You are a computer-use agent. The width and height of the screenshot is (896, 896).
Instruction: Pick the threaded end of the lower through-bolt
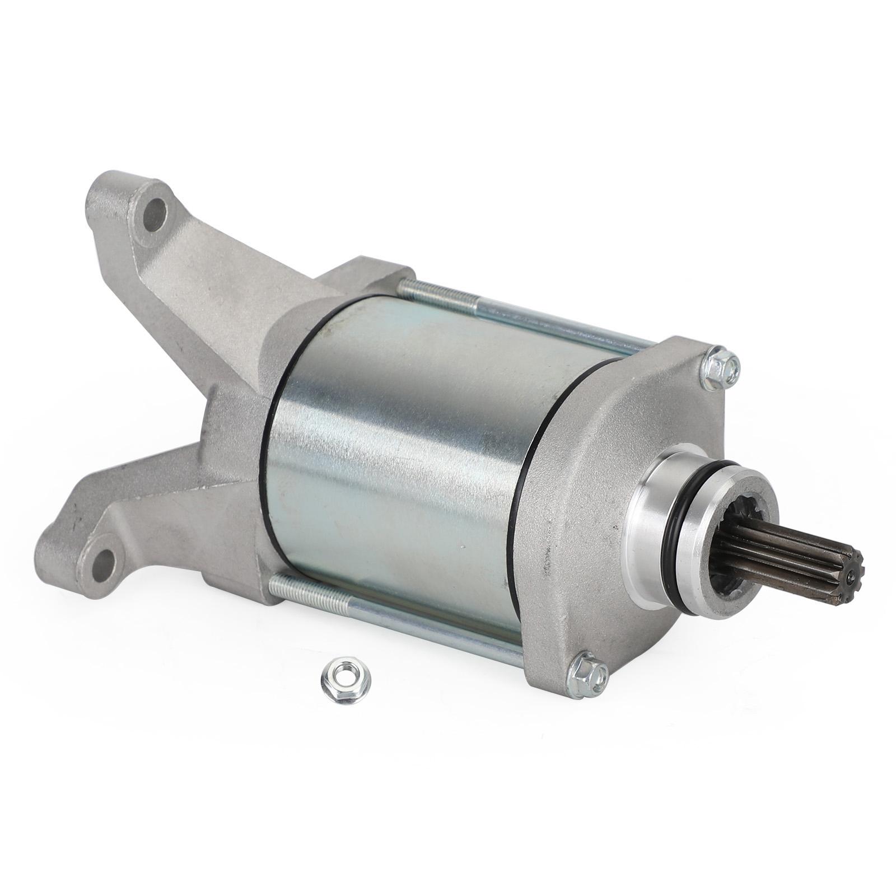click(308, 591)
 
